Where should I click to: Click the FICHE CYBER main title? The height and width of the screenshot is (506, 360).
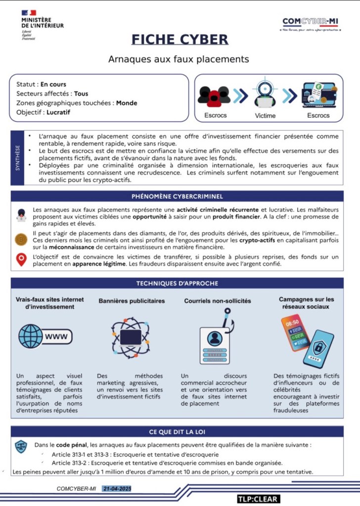[180, 40]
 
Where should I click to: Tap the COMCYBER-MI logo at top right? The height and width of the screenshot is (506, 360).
[311, 23]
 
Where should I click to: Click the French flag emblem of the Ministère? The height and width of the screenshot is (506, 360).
[29, 13]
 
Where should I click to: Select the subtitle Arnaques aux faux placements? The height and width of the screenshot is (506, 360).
[179, 59]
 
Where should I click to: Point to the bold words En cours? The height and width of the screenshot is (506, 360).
[53, 84]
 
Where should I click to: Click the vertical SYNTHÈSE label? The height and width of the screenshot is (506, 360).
[18, 157]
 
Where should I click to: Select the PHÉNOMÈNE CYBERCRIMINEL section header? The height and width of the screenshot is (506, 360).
[177, 196]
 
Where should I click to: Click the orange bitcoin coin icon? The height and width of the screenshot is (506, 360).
[21, 239]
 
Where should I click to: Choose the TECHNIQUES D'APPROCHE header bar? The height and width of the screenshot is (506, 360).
[177, 283]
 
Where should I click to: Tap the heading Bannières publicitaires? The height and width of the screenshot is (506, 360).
[132, 300]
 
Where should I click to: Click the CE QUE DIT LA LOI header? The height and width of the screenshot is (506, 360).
[177, 431]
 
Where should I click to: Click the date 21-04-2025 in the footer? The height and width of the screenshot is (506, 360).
[117, 489]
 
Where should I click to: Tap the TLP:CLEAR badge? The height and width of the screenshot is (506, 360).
[257, 499]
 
